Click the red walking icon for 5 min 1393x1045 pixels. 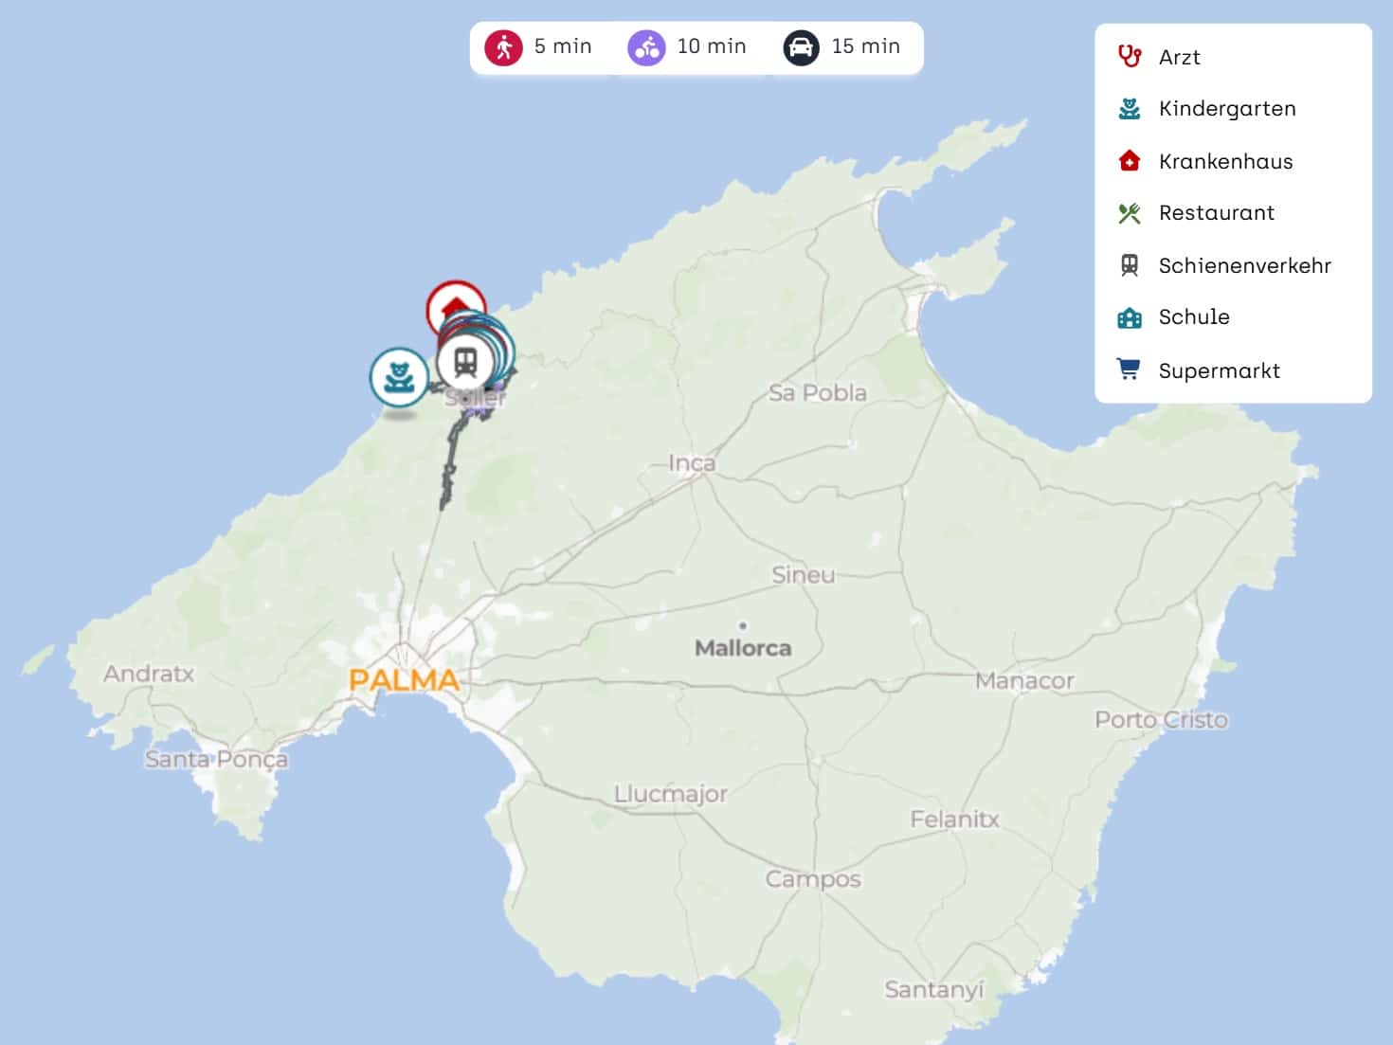point(503,47)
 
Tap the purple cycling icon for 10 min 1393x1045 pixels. point(647,47)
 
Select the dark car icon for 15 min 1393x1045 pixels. point(801,47)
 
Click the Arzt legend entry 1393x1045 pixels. point(1179,57)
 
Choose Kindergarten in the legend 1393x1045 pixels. point(1226,109)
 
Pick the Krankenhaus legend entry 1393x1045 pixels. point(1224,161)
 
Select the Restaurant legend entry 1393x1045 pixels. point(1216,213)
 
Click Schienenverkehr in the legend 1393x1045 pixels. point(1243,265)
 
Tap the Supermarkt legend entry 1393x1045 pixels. point(1218,370)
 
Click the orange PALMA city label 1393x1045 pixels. point(404,679)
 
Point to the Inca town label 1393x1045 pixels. point(692,462)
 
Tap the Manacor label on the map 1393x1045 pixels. point(1024,680)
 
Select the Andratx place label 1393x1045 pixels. point(149,674)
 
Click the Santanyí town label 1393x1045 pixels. point(933,989)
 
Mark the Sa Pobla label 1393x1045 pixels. point(817,392)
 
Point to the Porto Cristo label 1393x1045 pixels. point(1161,720)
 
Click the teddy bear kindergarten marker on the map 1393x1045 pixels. point(399,377)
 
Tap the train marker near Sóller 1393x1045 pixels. point(465,361)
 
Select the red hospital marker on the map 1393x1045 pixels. point(456,305)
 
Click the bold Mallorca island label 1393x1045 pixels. point(743,648)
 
